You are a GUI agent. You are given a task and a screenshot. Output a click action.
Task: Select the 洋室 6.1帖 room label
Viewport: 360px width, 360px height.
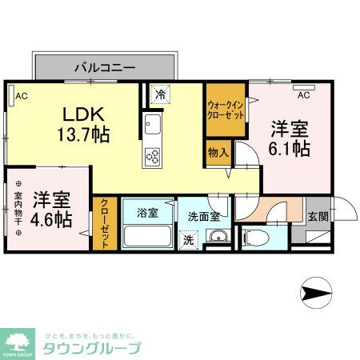click(x=289, y=138)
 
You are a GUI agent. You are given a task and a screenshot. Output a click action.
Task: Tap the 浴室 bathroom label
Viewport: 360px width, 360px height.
click(x=146, y=214)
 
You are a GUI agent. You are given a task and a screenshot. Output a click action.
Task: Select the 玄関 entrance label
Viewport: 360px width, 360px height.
click(x=317, y=215)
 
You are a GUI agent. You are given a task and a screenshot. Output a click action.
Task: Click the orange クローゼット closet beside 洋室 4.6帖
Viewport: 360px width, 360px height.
click(x=104, y=224)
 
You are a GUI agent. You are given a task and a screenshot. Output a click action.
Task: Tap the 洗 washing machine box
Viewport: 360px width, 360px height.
click(x=188, y=238)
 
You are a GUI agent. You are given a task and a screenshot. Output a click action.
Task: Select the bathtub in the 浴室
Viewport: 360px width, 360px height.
click(x=148, y=237)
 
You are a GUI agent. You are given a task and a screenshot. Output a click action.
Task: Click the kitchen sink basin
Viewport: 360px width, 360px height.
click(x=153, y=126)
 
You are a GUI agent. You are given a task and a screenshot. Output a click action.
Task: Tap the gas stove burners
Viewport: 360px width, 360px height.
click(x=153, y=155)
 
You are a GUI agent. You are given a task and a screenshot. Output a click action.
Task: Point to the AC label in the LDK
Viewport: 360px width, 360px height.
click(x=22, y=97)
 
